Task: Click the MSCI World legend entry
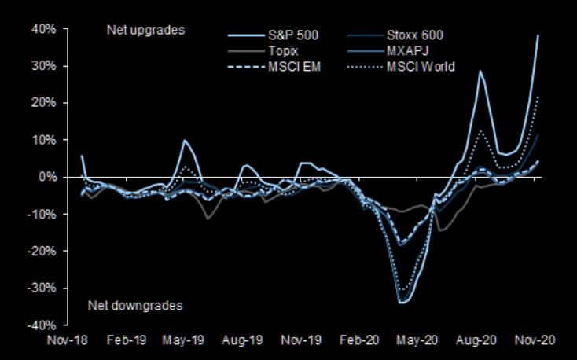(x=420, y=67)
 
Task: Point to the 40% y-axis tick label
(x=44, y=29)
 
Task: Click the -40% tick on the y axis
(x=42, y=325)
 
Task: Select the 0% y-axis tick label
(x=47, y=177)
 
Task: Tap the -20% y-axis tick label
(x=42, y=251)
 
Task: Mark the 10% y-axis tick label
(x=44, y=140)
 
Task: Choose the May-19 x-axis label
(x=184, y=341)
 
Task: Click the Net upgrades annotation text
(x=145, y=31)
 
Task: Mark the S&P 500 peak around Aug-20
(x=480, y=72)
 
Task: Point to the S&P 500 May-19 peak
(x=184, y=141)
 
